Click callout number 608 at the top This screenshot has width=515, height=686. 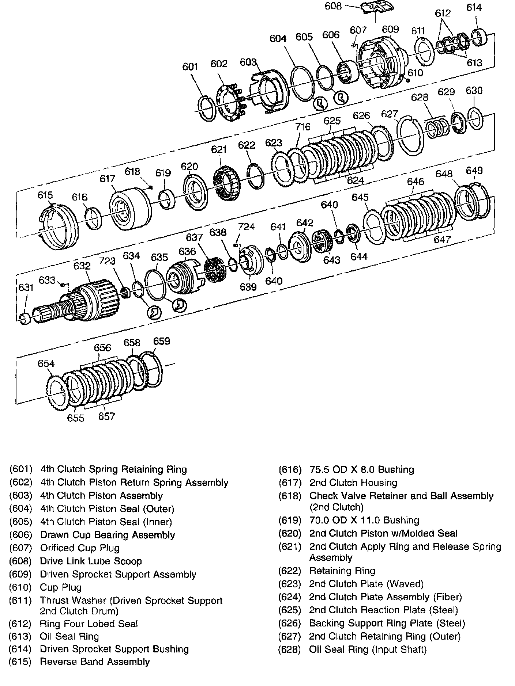[333, 6]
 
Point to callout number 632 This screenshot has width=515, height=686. [82, 266]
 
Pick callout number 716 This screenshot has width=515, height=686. [302, 126]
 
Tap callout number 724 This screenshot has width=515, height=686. [246, 227]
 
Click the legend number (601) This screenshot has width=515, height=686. [21, 469]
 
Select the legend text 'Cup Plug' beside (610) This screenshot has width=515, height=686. [61, 587]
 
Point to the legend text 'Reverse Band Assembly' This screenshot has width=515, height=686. [95, 662]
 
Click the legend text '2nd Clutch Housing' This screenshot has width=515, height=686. [353, 483]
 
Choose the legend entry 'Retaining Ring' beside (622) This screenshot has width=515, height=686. [342, 571]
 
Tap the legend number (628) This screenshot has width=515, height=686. [290, 649]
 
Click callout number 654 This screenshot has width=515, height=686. [46, 364]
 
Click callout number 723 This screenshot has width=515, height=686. [107, 261]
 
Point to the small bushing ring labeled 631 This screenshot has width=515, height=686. [25, 318]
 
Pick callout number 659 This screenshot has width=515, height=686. [161, 341]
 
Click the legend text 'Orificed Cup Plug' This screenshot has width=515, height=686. [80, 548]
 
